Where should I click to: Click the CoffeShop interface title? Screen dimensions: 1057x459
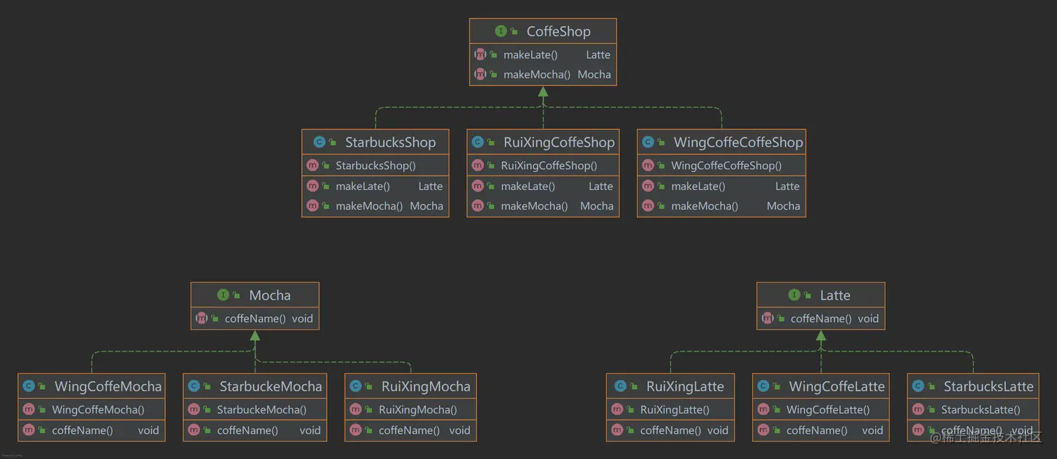pos(559,31)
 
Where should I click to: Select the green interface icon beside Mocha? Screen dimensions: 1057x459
pos(223,295)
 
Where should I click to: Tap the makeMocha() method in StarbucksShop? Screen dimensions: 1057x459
pos(369,206)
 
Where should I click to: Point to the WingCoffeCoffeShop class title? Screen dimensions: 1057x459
pos(738,142)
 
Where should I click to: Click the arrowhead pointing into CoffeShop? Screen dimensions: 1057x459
pos(543,92)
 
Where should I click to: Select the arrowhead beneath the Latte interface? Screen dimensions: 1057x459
pos(821,335)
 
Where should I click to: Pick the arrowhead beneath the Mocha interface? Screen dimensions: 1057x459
pos(254,335)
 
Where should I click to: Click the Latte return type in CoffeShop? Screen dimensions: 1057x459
pos(598,54)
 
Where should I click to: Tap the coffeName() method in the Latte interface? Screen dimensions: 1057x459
pos(821,319)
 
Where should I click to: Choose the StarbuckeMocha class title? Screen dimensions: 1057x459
pos(271,386)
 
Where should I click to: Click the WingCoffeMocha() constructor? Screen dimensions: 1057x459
pos(98,409)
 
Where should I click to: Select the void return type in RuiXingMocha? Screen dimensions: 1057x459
pos(459,430)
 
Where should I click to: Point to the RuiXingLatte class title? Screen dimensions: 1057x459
pos(684,386)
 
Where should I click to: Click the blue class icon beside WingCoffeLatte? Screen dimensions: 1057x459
pos(763,386)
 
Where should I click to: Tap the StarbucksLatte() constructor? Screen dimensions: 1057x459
pos(981,409)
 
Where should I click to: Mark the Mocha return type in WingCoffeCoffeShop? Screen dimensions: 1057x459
pos(783,206)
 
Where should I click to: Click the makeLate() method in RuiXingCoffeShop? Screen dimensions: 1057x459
pos(528,187)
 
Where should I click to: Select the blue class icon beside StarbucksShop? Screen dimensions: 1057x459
pos(319,142)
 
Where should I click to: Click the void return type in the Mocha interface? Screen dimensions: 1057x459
pos(302,319)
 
